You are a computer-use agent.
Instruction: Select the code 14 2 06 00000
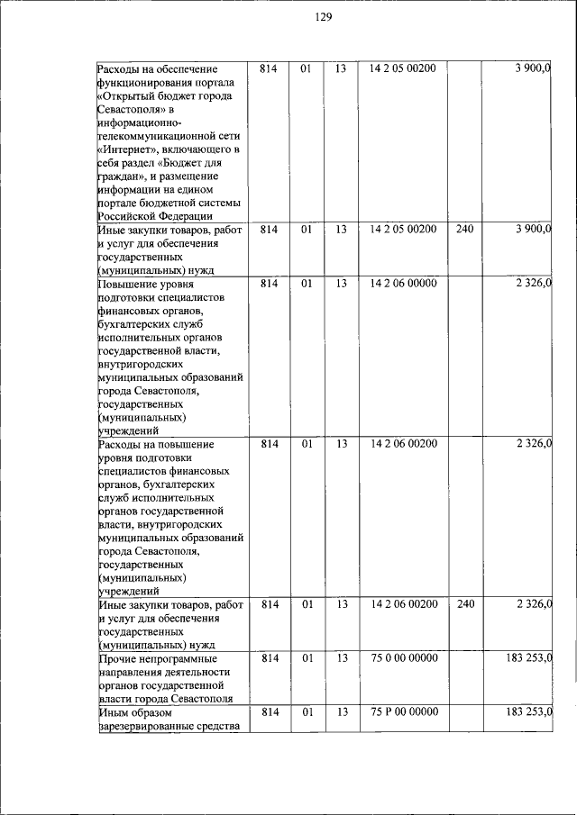point(403,283)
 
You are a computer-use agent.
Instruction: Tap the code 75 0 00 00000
point(403,657)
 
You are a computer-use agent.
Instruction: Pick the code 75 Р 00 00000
point(403,711)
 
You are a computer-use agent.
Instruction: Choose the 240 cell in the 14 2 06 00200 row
point(464,604)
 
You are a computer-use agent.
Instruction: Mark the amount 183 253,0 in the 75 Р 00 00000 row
point(527,711)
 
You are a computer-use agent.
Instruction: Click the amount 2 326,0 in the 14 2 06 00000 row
point(533,283)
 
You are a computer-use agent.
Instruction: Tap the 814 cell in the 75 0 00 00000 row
point(269,657)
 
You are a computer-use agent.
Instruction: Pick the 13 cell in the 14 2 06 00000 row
point(341,283)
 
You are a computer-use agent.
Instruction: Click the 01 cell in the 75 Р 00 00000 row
point(307,711)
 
